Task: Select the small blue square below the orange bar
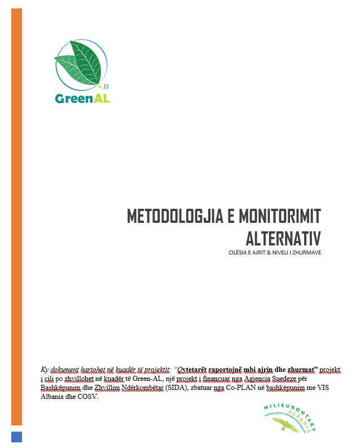click(x=16, y=436)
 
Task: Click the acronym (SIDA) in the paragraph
click(x=191, y=389)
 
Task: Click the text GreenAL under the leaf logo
click(x=82, y=98)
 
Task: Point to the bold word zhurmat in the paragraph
click(x=301, y=369)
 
